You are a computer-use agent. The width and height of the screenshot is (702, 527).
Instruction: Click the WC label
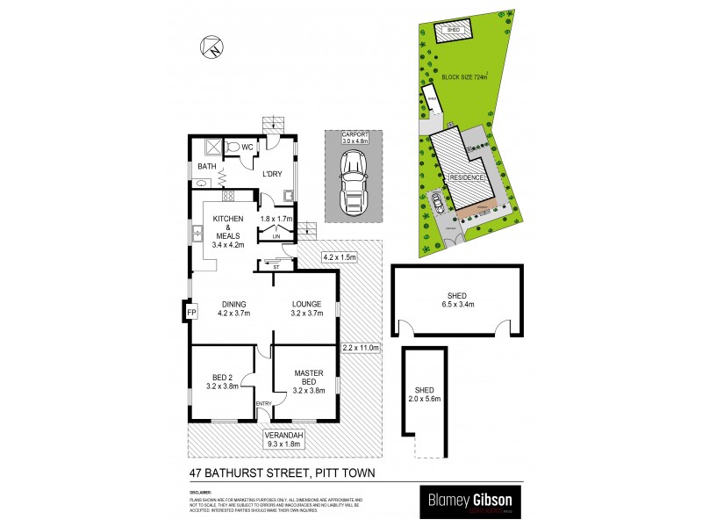tap(247, 147)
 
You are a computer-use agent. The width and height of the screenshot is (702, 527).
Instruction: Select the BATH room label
tap(207, 166)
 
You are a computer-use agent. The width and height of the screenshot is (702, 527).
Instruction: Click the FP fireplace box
tap(191, 312)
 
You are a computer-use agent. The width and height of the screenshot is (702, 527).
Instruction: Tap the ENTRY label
tap(262, 403)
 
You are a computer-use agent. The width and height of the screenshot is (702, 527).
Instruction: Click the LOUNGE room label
tap(308, 307)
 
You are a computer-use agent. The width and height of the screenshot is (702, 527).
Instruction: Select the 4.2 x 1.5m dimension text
tap(340, 257)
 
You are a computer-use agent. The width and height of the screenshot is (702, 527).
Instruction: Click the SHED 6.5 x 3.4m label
tap(456, 300)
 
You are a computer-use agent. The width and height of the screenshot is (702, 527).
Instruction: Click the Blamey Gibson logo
tap(472, 502)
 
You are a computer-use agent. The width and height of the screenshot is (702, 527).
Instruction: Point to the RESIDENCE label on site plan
tap(466, 177)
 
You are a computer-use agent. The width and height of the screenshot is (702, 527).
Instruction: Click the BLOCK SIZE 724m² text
tap(464, 76)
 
